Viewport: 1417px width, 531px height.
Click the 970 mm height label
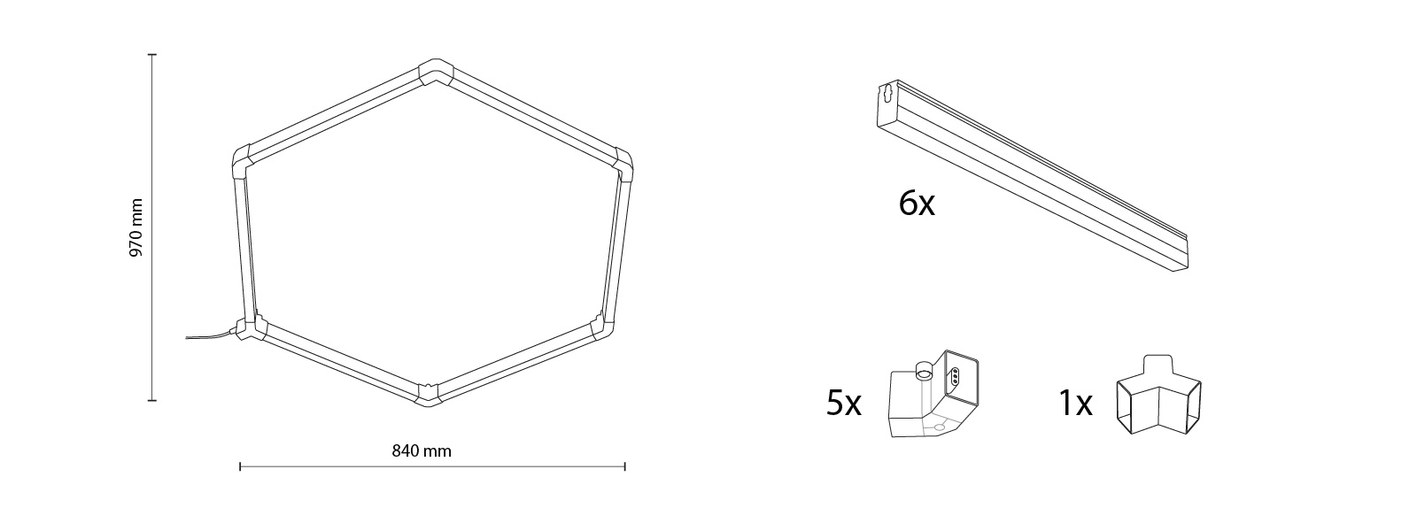136,227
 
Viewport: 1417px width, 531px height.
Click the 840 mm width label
422,451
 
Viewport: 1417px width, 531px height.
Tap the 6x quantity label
916,204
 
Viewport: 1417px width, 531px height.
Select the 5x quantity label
843,404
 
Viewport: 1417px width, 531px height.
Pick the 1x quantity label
1075,404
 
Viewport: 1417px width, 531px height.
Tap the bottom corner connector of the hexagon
428,394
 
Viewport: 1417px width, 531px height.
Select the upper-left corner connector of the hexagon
242,163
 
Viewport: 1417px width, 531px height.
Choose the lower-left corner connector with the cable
249,329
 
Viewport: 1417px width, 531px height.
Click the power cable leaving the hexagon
208,335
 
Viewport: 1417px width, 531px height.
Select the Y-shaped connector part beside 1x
1158,397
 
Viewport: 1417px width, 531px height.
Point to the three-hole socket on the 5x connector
956,376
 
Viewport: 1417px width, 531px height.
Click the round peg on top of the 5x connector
925,370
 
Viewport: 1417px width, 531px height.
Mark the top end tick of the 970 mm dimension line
152,55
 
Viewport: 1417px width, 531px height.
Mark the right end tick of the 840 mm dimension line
625,466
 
